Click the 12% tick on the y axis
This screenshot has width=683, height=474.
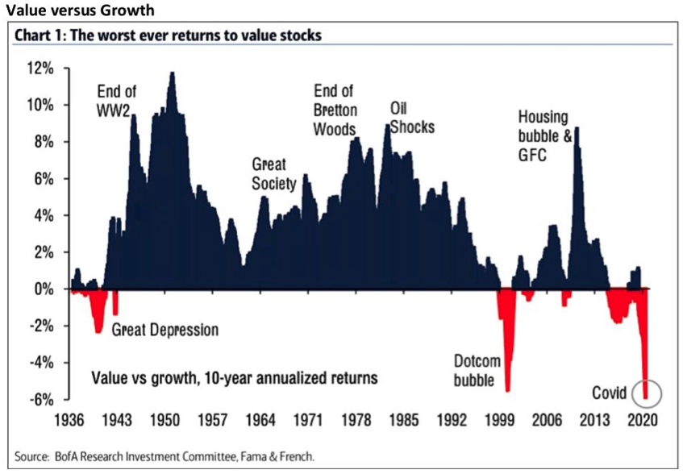[x=41, y=69]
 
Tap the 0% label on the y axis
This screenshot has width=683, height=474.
[x=44, y=289]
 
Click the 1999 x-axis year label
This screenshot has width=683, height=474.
[x=500, y=420]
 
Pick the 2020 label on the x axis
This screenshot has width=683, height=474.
[x=644, y=420]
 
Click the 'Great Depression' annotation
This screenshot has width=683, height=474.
[x=165, y=330]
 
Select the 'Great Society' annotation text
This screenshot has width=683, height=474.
[x=274, y=174]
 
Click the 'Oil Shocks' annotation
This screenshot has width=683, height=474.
[x=412, y=118]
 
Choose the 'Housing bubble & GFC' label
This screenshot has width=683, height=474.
[x=544, y=135]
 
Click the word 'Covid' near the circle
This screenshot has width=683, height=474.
[x=610, y=393]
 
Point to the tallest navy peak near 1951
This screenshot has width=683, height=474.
[x=172, y=74]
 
